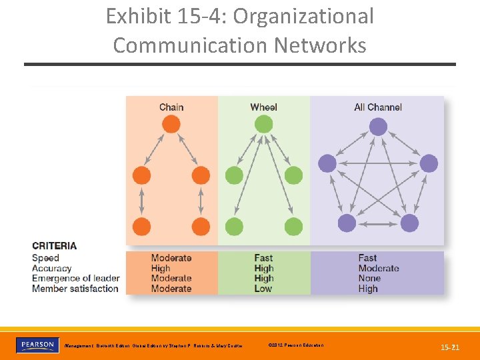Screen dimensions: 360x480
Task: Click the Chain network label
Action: point(171,107)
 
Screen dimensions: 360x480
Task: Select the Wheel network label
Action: point(263,107)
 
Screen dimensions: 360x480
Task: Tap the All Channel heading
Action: point(378,107)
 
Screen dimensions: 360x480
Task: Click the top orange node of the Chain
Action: point(171,125)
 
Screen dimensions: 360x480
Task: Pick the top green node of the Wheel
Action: point(263,125)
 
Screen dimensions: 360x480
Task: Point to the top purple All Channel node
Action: point(378,127)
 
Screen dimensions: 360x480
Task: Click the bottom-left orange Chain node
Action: point(141,226)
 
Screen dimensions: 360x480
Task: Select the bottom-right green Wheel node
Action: point(293,226)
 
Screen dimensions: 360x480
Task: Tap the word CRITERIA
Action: point(55,246)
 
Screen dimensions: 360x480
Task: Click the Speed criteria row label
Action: point(45,258)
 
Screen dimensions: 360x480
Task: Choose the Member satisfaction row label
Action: point(75,289)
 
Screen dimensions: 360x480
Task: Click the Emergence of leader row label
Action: point(76,278)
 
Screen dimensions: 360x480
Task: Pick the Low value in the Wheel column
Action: point(263,289)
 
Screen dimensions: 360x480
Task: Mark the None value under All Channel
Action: point(369,278)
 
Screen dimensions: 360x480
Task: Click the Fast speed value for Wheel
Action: point(263,258)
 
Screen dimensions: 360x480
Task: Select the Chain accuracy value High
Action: point(161,268)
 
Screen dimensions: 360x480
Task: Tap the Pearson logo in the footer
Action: point(37,345)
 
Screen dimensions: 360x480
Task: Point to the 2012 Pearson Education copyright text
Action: point(295,345)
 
